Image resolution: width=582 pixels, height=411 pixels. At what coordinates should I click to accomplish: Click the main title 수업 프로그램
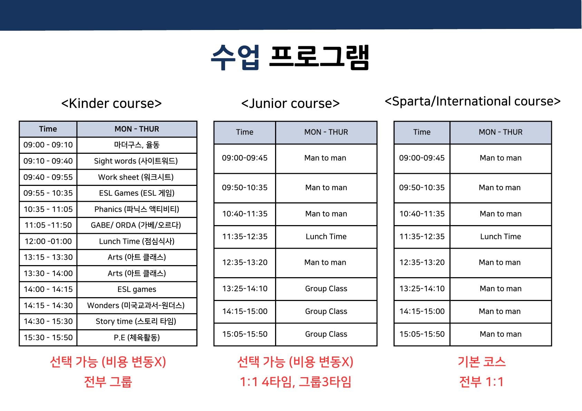pos(290,57)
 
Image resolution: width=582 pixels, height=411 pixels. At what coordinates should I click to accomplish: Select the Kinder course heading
pos(111,103)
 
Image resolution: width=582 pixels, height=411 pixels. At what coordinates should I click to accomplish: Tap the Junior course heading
pos(290,103)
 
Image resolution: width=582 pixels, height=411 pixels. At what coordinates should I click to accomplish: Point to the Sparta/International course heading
pos(473,101)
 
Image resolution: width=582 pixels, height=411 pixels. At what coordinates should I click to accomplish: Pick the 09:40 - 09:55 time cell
pos(48,177)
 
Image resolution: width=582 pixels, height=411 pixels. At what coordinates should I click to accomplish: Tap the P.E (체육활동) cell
pos(137,337)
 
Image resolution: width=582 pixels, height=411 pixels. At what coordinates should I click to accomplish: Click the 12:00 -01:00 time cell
pos(48,241)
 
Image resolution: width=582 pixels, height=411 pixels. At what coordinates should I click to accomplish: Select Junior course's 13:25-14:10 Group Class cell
pos(326,289)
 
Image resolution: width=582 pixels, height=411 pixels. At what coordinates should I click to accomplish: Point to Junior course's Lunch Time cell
pos(326,237)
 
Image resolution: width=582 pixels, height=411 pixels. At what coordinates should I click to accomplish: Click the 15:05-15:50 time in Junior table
pos(245,334)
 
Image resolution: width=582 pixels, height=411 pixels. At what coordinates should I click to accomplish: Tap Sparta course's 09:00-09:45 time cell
pos(422,158)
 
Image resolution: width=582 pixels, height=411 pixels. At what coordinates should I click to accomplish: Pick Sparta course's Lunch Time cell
pos(501,237)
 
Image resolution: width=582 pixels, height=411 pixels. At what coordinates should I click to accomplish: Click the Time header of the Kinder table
pos(48,129)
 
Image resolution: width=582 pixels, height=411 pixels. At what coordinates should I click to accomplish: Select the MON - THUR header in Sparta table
pos(501,132)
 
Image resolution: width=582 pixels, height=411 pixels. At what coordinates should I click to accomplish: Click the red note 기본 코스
pos(482,362)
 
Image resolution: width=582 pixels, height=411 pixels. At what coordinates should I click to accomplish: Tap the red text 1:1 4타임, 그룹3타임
pos(295,382)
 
